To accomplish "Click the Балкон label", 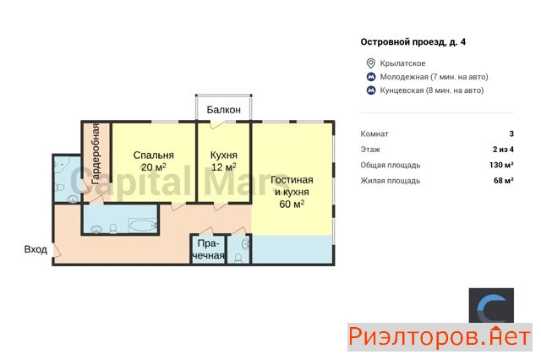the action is point(223,110).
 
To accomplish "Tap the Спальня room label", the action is point(154,155).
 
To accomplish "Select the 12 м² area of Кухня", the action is point(223,167).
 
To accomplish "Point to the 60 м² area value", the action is point(292,205).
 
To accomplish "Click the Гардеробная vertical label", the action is point(96,154).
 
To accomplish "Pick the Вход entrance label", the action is point(36,249).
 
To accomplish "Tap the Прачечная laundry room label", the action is point(209,249).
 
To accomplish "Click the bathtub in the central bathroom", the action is point(143,226).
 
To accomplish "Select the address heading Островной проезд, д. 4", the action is point(413,42).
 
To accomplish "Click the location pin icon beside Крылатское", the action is point(370,63).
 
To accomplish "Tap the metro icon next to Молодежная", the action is point(371,77).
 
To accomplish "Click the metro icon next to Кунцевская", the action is point(371,90).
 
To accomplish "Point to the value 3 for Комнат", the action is point(511,134).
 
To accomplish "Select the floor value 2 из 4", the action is point(503,150).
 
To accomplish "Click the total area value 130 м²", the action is point(501,165).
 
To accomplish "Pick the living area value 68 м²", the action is point(504,180).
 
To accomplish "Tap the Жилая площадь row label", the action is point(391,181).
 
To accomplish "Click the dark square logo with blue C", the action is point(491,306).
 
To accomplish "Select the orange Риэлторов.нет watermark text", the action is point(440,337).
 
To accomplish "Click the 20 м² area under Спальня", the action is point(154,167).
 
